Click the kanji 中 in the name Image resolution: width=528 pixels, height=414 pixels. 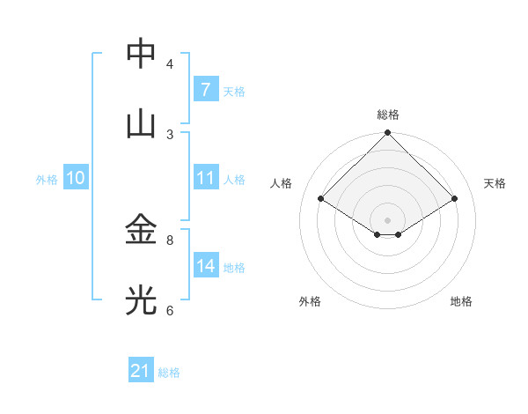coord(141,54)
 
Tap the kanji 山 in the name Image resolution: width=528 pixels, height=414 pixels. coord(141,124)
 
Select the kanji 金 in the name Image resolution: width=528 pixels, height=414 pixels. coord(141,231)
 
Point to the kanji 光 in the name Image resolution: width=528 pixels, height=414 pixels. coord(141,301)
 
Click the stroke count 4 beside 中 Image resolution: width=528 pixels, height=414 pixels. coord(170,63)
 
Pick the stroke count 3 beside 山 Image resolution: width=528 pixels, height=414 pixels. coord(170,134)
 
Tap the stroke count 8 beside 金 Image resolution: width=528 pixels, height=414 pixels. coord(170,240)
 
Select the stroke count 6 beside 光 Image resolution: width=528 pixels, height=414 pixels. coord(170,310)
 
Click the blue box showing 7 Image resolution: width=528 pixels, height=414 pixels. coord(205,90)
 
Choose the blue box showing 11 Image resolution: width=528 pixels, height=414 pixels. coord(205,178)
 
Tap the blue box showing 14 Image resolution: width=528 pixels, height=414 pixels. coord(205,266)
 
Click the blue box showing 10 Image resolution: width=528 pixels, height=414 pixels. coord(76,178)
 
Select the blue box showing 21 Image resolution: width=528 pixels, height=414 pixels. coord(141,372)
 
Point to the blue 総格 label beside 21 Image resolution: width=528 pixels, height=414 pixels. coord(170,373)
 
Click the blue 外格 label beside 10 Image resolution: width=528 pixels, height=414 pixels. coord(47,180)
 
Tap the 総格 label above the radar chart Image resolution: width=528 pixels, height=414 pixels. coord(387,115)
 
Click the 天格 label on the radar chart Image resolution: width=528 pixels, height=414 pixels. coord(495,183)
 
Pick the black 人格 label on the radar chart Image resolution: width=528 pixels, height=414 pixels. coord(282,183)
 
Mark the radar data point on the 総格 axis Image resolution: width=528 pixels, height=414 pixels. coord(387,134)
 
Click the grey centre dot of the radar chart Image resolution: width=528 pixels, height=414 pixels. coord(387,219)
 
